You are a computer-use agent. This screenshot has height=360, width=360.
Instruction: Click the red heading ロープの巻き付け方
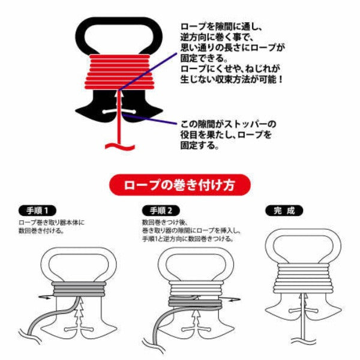tap(179, 185)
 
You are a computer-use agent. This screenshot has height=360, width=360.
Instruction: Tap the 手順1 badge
tap(37, 211)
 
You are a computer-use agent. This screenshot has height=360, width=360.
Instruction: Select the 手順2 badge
tap(161, 211)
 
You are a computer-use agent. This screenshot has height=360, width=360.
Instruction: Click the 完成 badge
tap(284, 211)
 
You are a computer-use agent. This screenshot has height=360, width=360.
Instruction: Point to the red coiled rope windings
tap(118, 71)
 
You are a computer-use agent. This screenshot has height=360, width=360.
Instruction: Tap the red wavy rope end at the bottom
tap(120, 146)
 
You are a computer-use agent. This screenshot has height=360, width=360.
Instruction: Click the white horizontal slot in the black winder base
tap(119, 112)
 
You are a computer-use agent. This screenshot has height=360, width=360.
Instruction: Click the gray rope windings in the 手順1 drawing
tap(79, 289)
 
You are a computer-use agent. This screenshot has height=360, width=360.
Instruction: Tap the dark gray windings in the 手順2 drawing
tap(196, 301)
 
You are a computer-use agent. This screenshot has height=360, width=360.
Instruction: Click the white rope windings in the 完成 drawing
tap(303, 278)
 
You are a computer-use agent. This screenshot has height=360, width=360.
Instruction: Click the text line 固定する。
tap(199, 146)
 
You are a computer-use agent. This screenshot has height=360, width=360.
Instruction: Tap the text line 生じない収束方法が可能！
tap(232, 80)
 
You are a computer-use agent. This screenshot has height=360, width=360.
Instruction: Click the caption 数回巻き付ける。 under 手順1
tap(41, 230)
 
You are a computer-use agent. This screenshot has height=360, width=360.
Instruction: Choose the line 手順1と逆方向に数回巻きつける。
tap(188, 239)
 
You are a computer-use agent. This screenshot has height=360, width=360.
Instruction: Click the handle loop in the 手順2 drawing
tap(196, 251)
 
